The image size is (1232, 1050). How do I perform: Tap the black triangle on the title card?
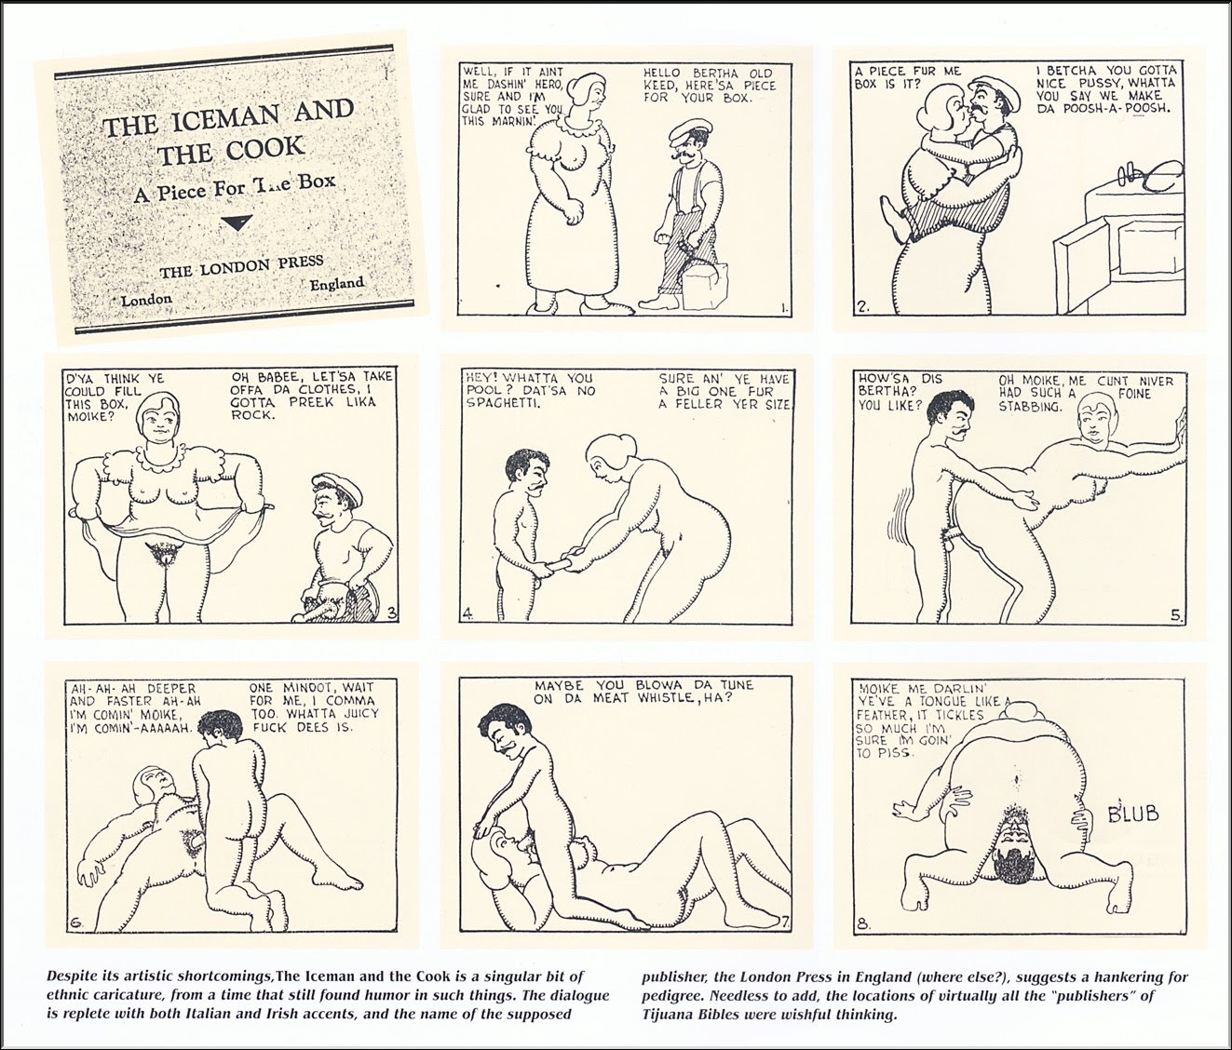click(237, 222)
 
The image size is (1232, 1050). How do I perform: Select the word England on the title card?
click(337, 284)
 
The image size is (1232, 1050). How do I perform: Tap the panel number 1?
click(784, 308)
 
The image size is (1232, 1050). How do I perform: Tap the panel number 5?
click(1176, 616)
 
